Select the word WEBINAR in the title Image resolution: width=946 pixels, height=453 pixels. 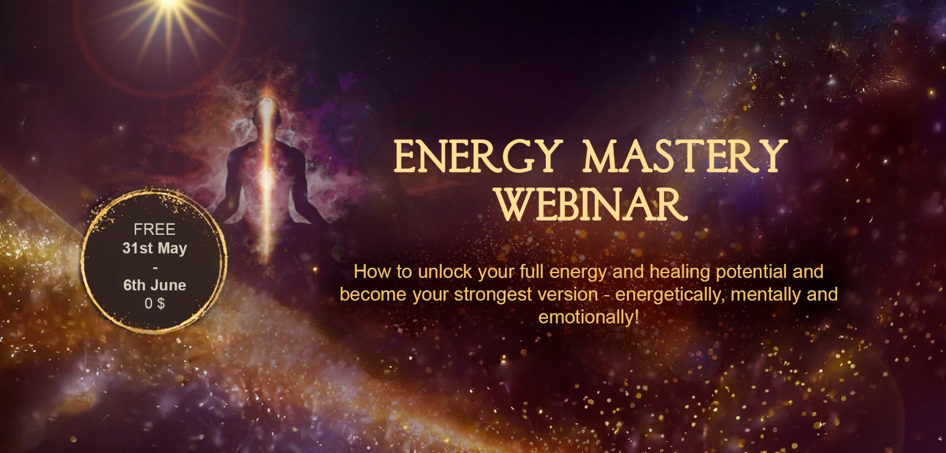pos(591,205)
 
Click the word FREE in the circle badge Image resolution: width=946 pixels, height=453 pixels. pos(154,229)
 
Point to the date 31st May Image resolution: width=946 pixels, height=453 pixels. pos(154,248)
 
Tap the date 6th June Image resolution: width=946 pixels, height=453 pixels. pos(154,285)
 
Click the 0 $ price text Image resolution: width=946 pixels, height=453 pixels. pos(154,303)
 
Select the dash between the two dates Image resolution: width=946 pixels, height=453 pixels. pos(154,267)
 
